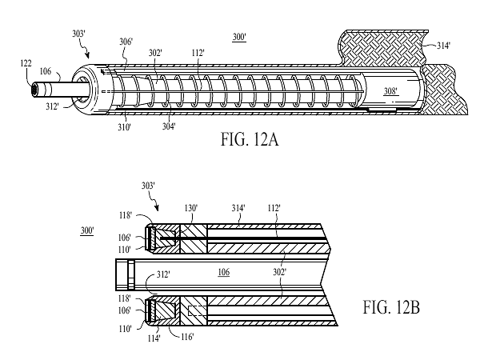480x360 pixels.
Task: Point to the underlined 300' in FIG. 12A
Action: point(238,38)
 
